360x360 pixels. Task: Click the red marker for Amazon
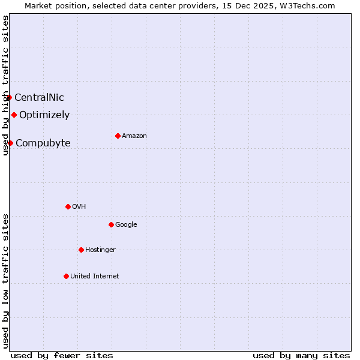(118, 136)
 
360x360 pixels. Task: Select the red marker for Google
(111, 224)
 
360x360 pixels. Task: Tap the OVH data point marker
(68, 206)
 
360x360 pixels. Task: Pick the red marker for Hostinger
(81, 250)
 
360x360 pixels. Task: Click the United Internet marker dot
(66, 276)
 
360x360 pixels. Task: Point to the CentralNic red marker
(9, 97)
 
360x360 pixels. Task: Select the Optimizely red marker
(14, 115)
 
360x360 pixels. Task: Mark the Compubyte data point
(10, 143)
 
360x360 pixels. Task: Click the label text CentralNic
(39, 97)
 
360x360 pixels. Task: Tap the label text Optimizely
(44, 115)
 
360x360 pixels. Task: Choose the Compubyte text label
(43, 143)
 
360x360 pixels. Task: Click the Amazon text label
(134, 136)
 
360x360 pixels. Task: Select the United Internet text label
(94, 276)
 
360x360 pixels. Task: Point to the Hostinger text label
(100, 250)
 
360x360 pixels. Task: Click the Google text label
(126, 224)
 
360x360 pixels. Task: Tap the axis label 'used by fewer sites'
(62, 355)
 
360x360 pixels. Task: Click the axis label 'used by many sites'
(301, 355)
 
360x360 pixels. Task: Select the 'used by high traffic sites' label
(5, 85)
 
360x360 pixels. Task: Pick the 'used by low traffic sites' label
(5, 281)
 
